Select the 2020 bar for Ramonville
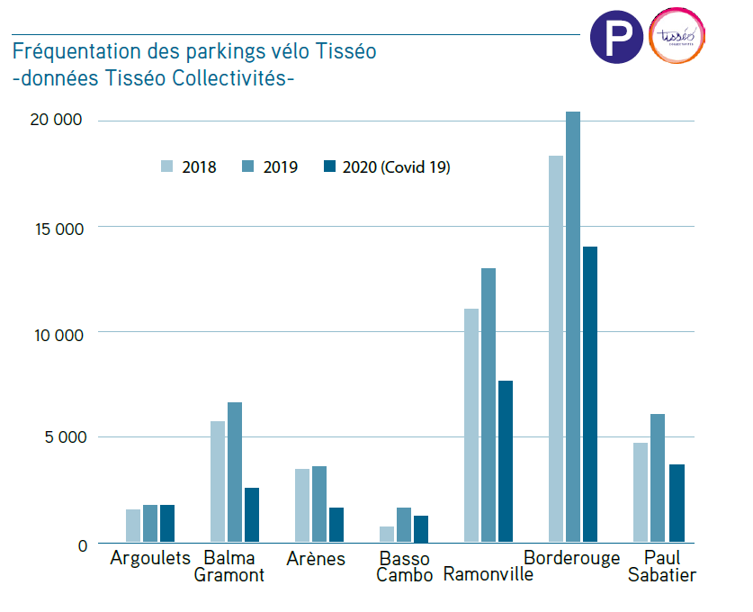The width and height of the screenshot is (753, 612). tap(506, 462)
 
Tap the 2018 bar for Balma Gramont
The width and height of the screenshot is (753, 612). tap(218, 481)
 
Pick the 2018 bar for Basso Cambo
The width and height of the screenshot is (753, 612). tap(387, 535)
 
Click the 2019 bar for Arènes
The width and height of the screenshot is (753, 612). tap(318, 504)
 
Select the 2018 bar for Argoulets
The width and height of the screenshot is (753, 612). tap(133, 526)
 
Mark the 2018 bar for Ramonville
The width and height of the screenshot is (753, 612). tap(471, 426)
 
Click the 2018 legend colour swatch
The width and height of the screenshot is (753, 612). tap(167, 166)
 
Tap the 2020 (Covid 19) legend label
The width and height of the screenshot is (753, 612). tap(396, 167)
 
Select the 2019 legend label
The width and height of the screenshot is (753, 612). tap(281, 167)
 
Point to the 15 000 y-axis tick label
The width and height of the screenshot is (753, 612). tap(58, 228)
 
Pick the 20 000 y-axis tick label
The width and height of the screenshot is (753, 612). tap(58, 121)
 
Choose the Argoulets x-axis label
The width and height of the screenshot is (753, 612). tap(150, 558)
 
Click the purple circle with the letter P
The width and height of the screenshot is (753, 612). tap(617, 37)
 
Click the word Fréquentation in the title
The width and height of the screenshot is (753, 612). tap(76, 51)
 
